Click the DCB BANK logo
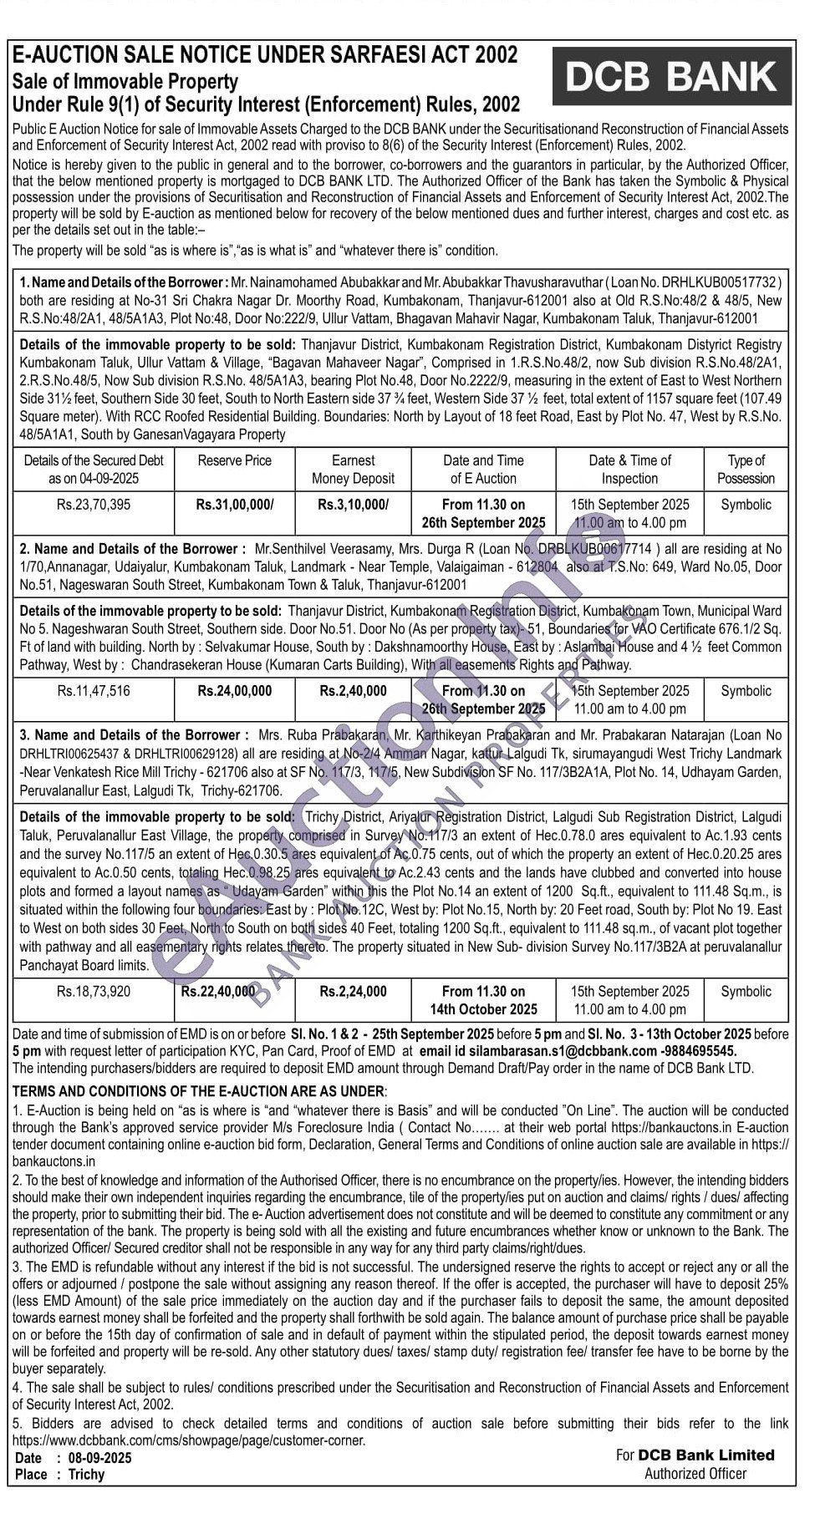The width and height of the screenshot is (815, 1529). pos(672,76)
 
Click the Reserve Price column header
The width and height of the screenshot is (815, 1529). pos(234,460)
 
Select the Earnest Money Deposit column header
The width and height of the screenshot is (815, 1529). pos(353,470)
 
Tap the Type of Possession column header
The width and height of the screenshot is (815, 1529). pos(746,470)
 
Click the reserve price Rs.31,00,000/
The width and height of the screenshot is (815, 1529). pos(234,505)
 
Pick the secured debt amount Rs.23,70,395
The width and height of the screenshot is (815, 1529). pos(94,505)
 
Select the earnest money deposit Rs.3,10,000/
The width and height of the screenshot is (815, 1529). pos(353,505)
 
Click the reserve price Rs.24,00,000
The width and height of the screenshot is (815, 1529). pos(234,691)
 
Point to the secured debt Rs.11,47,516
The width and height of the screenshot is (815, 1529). pos(94,691)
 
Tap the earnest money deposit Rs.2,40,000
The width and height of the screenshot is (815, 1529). pos(353,691)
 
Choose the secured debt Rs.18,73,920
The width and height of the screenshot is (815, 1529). pos(94,992)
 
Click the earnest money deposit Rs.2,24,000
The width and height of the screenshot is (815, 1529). pos(353,992)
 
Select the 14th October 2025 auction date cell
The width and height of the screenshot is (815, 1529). pos(483,1001)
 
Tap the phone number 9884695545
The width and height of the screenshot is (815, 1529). pos(700,1050)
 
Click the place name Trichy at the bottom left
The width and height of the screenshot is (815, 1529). pos(86,1475)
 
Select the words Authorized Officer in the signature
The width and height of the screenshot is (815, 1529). pos(695,1473)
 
